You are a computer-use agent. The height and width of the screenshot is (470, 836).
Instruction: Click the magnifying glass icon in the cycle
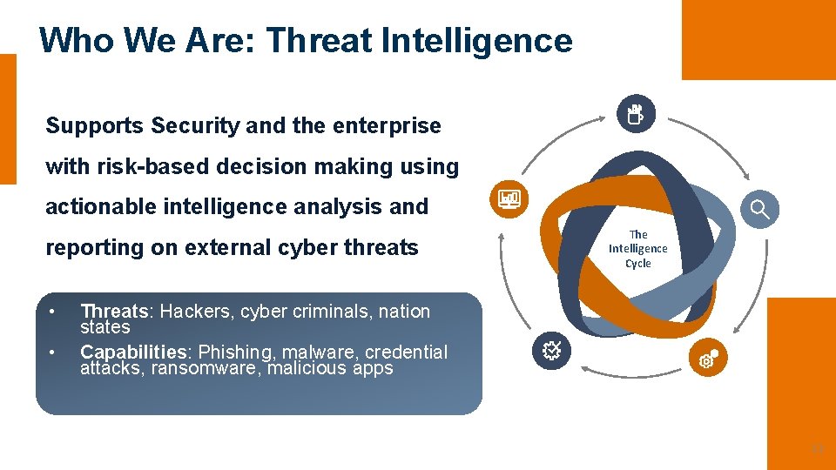pos(760,209)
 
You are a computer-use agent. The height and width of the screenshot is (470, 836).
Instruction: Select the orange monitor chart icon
pos(509,200)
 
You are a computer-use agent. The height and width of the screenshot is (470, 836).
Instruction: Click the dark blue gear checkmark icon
pos(551,351)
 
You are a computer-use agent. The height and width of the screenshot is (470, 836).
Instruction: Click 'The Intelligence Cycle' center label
pos(637,249)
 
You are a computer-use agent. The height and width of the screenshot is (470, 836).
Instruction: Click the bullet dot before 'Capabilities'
pos(52,352)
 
